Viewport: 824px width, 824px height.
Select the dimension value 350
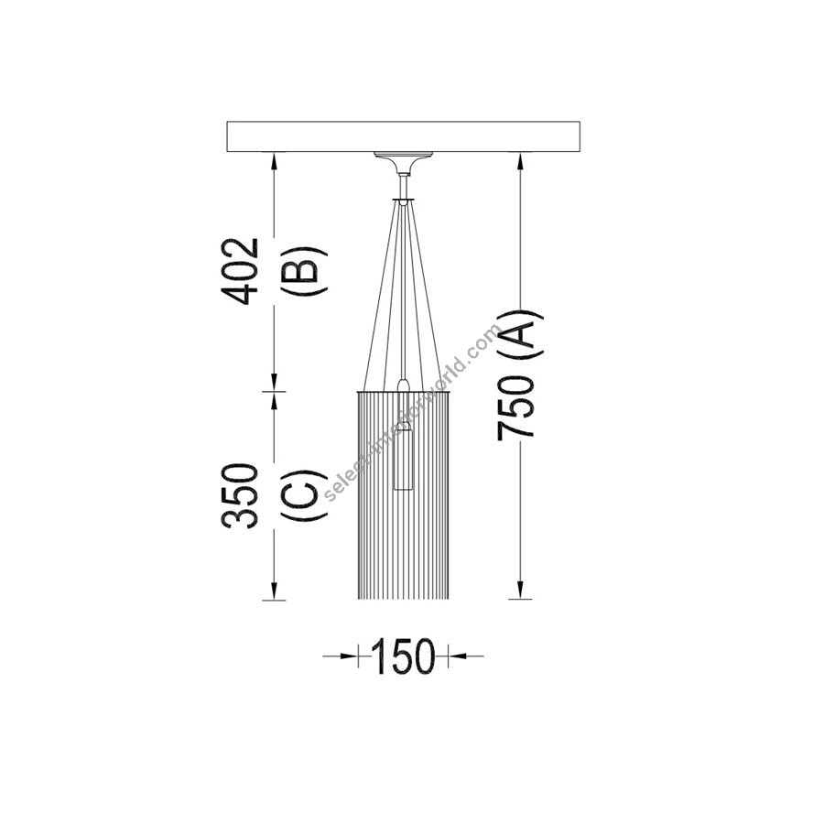pos(240,496)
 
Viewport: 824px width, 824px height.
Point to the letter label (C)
pos(305,495)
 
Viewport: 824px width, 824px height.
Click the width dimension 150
pos(404,656)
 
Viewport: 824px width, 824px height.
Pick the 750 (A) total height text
pos(519,375)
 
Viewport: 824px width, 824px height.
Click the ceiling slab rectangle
pos(404,137)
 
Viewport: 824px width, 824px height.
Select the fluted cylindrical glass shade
pos(404,495)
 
